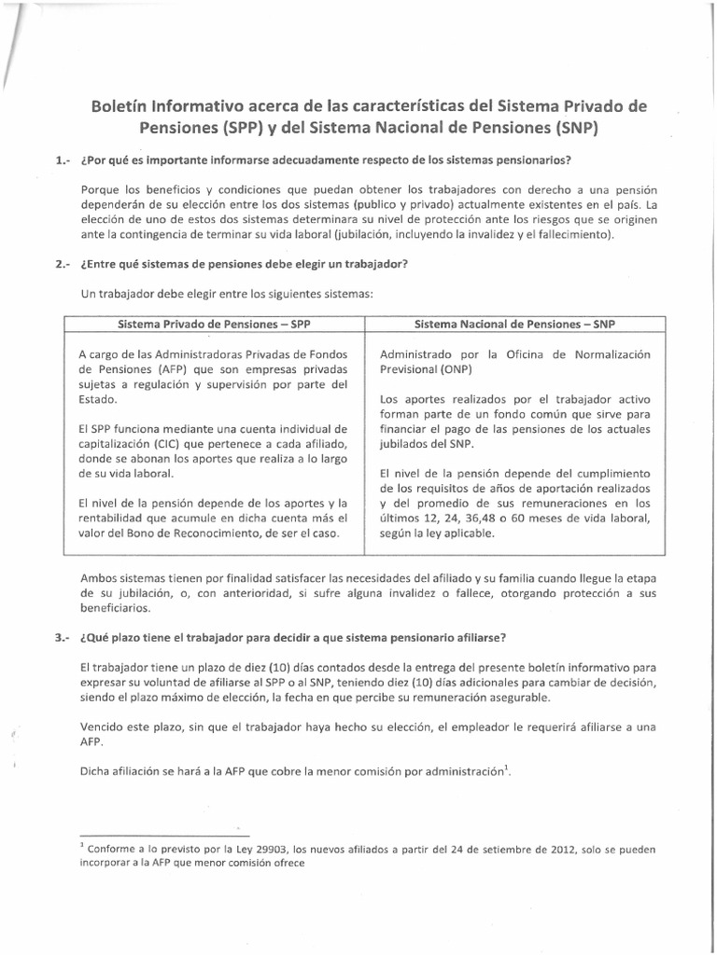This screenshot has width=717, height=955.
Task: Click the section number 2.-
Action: (64, 263)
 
